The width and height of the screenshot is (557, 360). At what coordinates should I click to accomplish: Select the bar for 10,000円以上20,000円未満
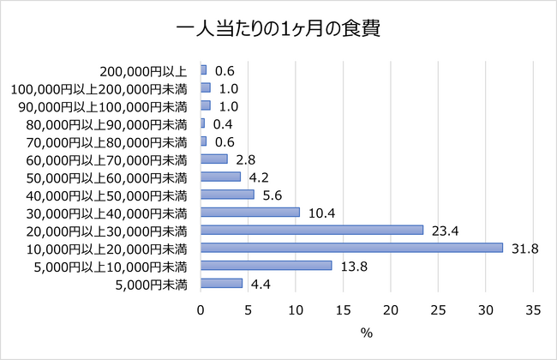click(x=351, y=248)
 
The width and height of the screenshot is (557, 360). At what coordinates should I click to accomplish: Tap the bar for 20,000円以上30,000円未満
click(x=312, y=230)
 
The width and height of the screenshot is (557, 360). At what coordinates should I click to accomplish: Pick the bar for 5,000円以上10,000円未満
click(x=266, y=266)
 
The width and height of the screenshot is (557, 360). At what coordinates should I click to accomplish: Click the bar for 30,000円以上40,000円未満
click(x=250, y=212)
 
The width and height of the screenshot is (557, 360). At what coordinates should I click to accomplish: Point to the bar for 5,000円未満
click(x=221, y=283)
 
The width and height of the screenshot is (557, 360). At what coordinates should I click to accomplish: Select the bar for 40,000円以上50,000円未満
click(x=227, y=194)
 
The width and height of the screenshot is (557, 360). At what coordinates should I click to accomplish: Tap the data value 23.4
click(x=442, y=230)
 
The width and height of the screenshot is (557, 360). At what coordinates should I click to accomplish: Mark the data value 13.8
click(x=350, y=266)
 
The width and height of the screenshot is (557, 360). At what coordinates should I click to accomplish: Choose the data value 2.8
click(x=246, y=159)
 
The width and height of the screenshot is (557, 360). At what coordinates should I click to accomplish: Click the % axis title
click(x=367, y=333)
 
